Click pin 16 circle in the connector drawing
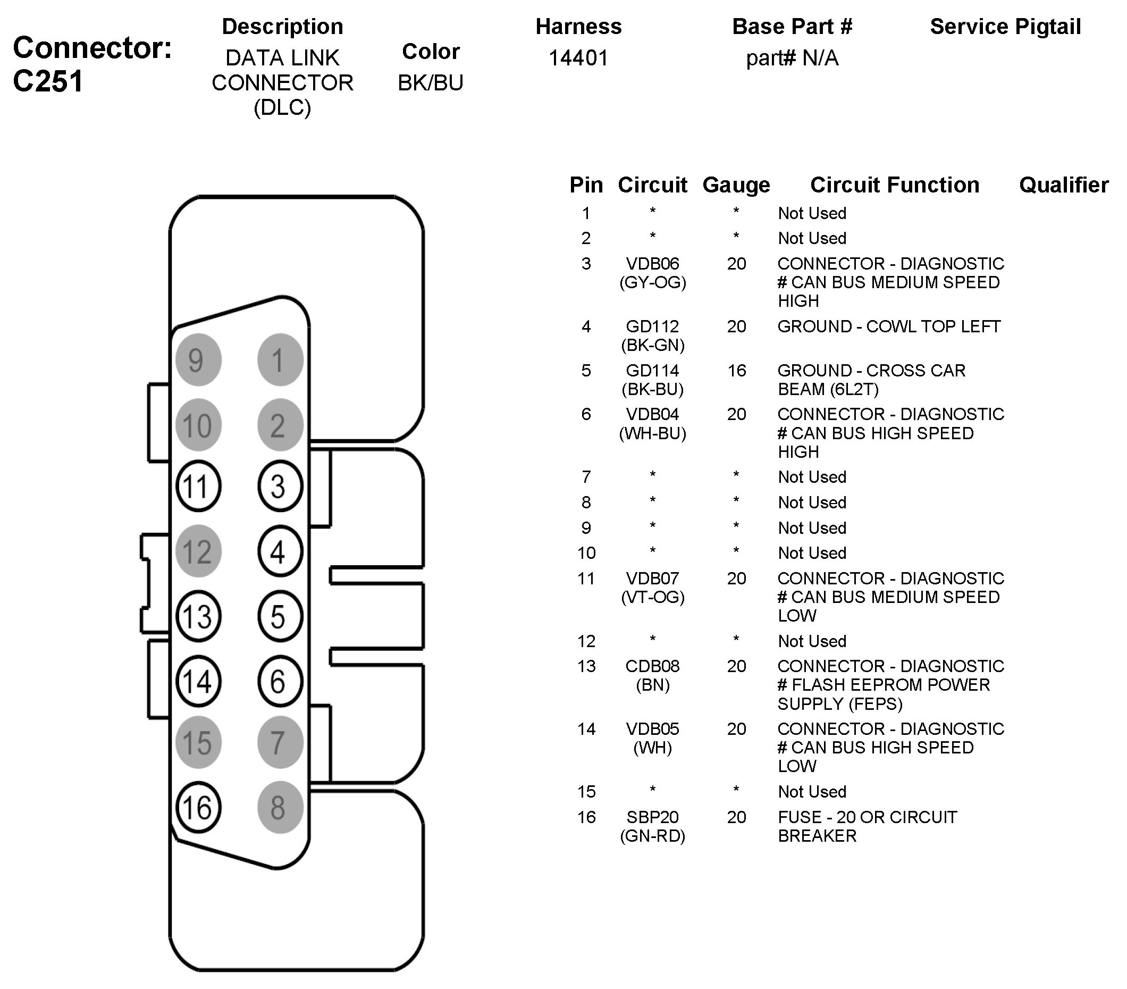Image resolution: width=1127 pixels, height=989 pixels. point(198,808)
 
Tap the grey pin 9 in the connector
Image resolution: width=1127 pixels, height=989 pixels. point(198,359)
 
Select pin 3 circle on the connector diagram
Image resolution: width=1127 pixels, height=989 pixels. point(280,487)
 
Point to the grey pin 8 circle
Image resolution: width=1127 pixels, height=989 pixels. point(280,808)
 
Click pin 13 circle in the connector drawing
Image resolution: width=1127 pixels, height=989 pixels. point(198,616)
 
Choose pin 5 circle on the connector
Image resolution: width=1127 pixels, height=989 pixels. point(280,616)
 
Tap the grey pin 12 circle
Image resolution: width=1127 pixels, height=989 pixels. point(198,551)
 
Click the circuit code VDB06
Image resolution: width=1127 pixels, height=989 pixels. point(653,264)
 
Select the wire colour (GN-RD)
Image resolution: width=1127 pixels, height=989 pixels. point(653,836)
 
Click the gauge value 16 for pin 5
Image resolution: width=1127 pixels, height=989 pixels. point(737,370)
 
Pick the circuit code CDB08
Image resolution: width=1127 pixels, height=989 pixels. point(653,666)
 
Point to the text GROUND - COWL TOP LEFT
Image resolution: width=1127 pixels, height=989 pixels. point(889,326)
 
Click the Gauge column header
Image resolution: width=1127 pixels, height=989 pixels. point(736,186)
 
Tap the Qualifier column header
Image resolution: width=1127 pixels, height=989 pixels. point(1064,186)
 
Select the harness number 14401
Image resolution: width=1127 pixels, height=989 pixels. point(578,58)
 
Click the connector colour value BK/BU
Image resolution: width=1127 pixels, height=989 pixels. point(431,83)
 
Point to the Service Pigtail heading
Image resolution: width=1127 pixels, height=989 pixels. point(1005,27)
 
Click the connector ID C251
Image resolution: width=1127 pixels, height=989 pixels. point(48,81)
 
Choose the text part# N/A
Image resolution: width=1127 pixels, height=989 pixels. point(792,58)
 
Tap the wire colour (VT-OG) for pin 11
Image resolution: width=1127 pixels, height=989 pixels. point(653,597)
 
